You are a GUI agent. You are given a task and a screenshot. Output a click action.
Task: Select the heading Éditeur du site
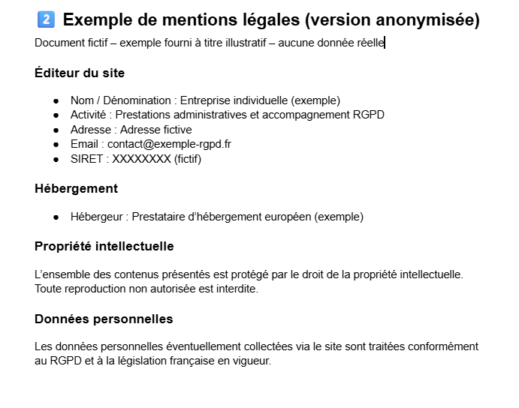[80, 73]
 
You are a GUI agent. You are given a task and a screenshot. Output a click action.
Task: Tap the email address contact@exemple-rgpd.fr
[169, 143]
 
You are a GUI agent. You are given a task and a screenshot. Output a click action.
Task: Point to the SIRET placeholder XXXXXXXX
[141, 158]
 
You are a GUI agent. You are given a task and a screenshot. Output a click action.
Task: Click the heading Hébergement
[76, 188]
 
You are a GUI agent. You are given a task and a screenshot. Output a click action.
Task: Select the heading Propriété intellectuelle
[104, 246]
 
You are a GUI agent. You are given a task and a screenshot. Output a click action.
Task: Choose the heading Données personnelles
[104, 319]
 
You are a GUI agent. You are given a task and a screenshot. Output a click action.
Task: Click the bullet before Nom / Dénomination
[56, 100]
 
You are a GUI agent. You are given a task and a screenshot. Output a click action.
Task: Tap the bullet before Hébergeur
[56, 217]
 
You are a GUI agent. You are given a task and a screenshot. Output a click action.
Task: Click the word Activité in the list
[89, 115]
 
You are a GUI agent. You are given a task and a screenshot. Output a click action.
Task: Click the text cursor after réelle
[385, 43]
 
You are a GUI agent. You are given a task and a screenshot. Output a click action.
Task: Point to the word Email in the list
[85, 143]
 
